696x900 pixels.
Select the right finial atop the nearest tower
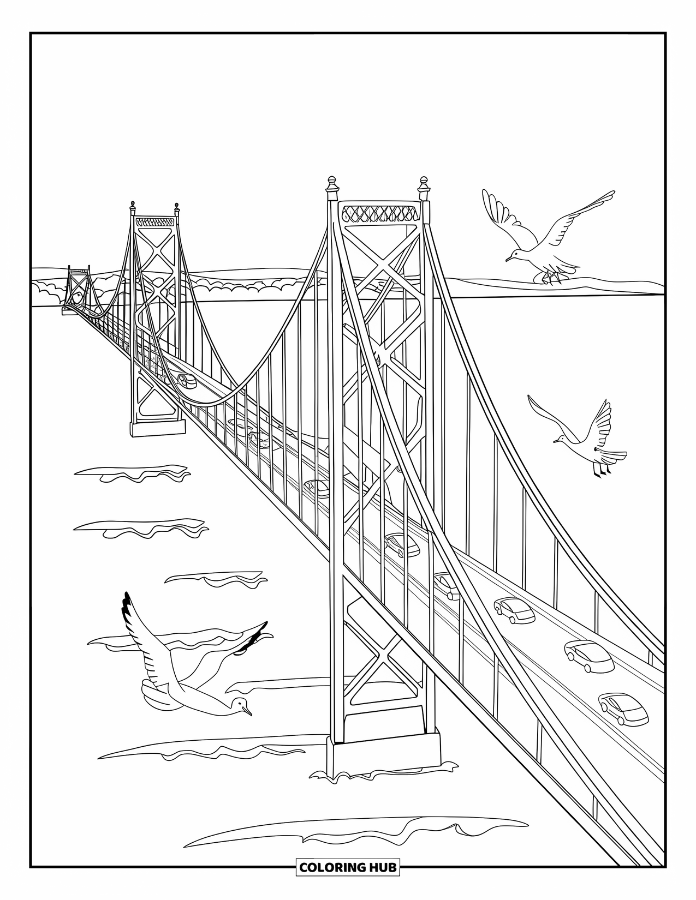(x=423, y=187)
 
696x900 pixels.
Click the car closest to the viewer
(x=623, y=709)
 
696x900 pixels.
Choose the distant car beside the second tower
(x=186, y=380)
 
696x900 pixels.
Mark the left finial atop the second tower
(x=132, y=207)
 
